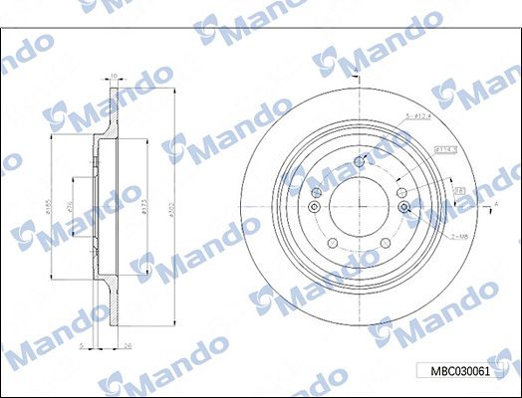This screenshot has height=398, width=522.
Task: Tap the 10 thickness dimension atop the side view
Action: [114, 75]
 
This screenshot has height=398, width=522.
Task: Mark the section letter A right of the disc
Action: [495, 204]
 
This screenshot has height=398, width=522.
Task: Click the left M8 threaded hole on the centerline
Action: [314, 207]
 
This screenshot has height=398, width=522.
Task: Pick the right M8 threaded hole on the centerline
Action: [403, 207]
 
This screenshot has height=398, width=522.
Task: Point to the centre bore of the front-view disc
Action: [359, 207]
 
